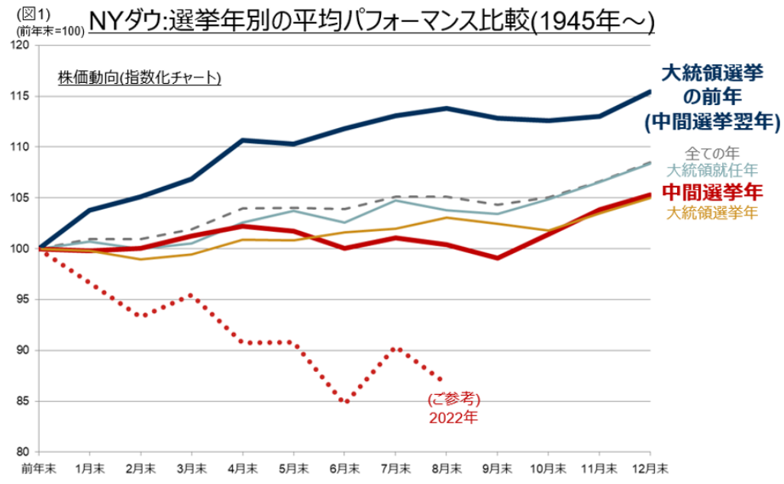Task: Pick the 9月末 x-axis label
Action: tap(497, 466)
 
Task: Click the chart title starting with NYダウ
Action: tap(372, 21)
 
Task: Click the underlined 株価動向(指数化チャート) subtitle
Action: tap(139, 78)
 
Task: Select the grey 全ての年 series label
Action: tap(712, 152)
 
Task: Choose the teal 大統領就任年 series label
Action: tap(712, 170)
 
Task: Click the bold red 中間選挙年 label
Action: tap(712, 191)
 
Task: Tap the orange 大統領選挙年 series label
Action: tap(712, 212)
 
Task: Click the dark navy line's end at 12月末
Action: tap(650, 91)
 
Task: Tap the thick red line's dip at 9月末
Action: tap(497, 258)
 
